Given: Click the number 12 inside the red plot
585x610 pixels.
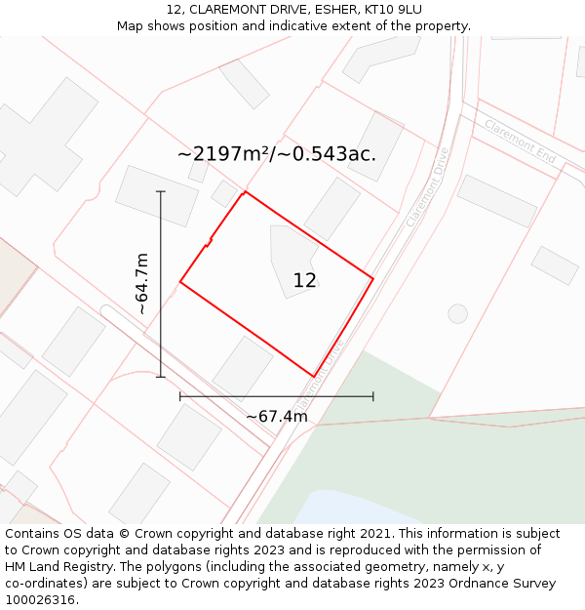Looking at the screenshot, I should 304,281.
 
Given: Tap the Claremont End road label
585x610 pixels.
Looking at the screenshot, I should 520,142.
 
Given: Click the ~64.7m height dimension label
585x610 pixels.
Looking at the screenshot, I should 142,283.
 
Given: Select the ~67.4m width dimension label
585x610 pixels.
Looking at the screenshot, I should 276,417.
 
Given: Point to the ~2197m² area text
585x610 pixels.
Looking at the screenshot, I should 223,153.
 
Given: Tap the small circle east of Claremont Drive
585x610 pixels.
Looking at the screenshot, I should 457,313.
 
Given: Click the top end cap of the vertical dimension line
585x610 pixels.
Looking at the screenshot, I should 161,192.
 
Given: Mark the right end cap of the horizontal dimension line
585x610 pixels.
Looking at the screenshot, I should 372,396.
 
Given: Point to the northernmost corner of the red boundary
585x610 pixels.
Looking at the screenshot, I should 245,191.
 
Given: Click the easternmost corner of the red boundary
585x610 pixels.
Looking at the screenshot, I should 373,278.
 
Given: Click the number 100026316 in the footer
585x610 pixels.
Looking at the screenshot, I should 40,600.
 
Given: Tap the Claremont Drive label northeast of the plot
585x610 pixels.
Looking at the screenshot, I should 427,187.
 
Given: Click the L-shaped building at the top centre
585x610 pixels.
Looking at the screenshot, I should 369,58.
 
